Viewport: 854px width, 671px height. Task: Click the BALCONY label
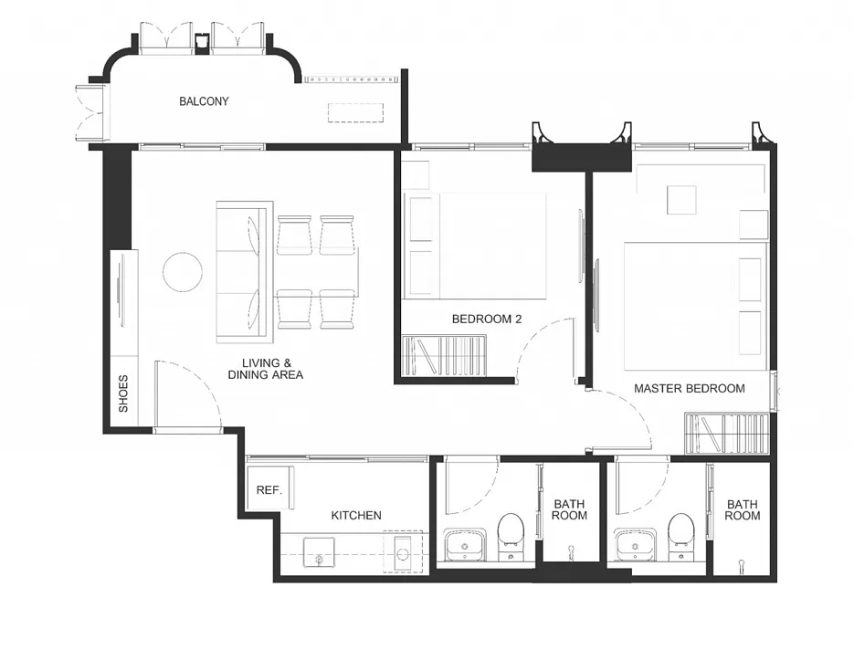[x=204, y=101]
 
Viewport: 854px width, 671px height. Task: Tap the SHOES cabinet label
[x=123, y=393]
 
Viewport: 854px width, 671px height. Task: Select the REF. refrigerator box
[x=270, y=488]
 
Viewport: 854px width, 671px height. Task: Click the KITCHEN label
[x=356, y=516]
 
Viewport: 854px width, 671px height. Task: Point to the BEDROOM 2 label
[x=487, y=319]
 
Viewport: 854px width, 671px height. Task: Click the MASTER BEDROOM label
[x=690, y=389]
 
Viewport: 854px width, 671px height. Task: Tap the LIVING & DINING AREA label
[x=266, y=369]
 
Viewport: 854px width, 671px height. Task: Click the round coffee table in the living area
[x=183, y=271]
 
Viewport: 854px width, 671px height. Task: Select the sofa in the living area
[x=245, y=272]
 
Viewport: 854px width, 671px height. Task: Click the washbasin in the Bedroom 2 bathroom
[x=465, y=544]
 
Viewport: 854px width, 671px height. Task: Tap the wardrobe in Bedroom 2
[x=443, y=356]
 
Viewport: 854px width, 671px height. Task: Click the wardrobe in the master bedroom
[x=726, y=434]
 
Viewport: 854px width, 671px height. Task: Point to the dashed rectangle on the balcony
[x=355, y=112]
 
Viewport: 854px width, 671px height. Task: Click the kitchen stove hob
[x=403, y=551]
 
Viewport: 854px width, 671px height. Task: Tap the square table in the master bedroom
[x=681, y=200]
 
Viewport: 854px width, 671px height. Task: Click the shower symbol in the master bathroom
[x=742, y=564]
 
